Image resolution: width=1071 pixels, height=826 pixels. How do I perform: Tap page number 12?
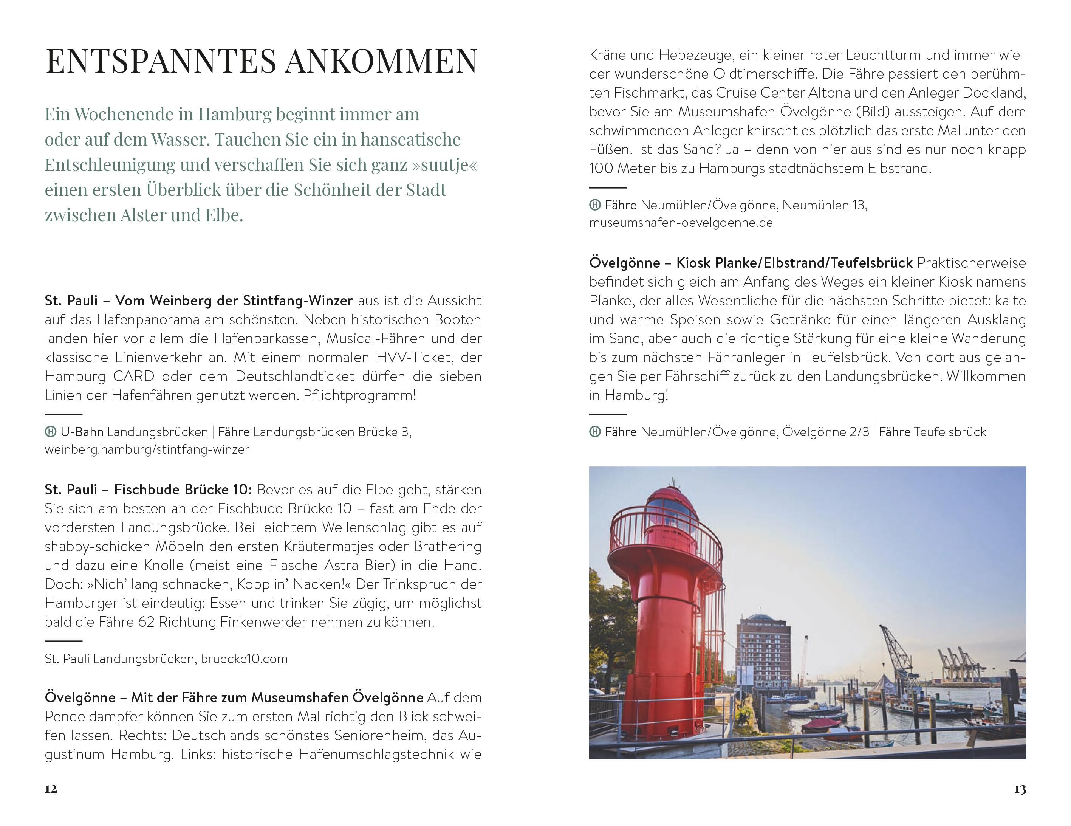51,789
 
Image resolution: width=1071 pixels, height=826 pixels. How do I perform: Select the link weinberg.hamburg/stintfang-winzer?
147,449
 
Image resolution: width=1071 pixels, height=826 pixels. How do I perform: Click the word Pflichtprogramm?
359,395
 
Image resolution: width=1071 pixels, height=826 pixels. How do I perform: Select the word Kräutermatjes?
331,546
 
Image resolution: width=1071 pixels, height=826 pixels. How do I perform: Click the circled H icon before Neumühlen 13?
594,205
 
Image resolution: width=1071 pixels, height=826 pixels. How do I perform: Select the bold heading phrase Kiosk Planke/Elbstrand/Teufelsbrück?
794,263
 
